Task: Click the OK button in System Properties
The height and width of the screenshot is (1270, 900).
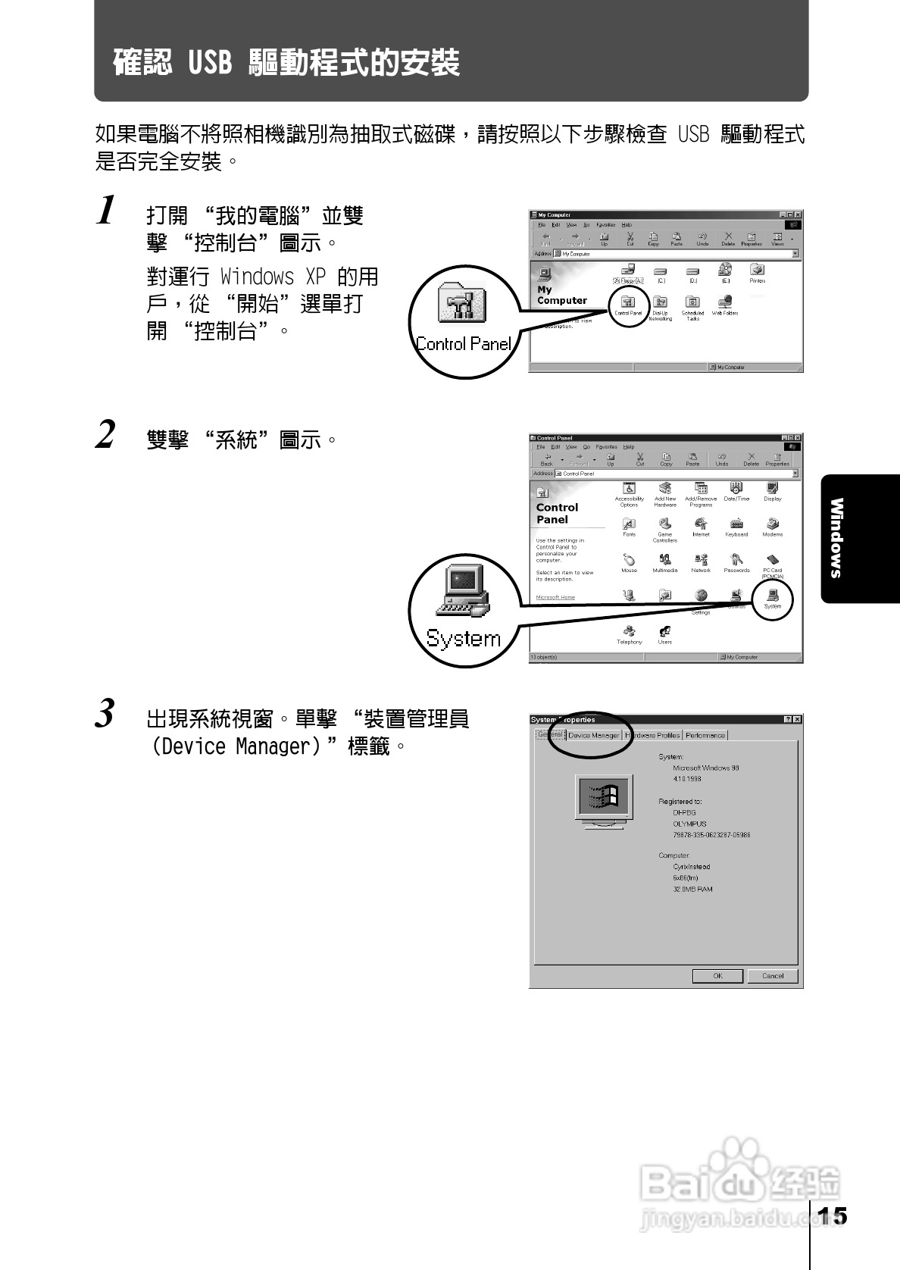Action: tap(717, 976)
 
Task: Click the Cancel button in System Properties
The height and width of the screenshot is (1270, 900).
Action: tap(772, 976)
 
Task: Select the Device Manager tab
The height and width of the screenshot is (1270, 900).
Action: tap(594, 735)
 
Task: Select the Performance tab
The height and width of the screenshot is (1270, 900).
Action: tap(705, 735)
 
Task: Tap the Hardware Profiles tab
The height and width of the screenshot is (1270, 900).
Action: tap(653, 735)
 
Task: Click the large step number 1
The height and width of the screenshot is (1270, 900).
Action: tap(108, 211)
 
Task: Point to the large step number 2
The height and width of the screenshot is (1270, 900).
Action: tap(106, 435)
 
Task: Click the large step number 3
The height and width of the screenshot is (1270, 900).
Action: tap(106, 714)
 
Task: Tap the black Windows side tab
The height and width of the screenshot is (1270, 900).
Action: tap(837, 538)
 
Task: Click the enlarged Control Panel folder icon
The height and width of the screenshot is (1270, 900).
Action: tap(462, 304)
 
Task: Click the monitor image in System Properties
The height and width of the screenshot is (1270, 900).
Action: tap(604, 800)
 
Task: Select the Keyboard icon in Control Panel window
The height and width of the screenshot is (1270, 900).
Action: tap(736, 524)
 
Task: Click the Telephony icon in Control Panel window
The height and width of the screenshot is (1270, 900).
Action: tap(629, 631)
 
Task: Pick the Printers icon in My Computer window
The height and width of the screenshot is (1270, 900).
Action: tap(757, 271)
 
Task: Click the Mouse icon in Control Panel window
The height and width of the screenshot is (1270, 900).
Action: tap(629, 560)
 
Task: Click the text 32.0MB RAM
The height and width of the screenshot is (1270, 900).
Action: tap(692, 890)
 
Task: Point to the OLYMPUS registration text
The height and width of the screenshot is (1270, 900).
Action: tap(689, 824)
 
